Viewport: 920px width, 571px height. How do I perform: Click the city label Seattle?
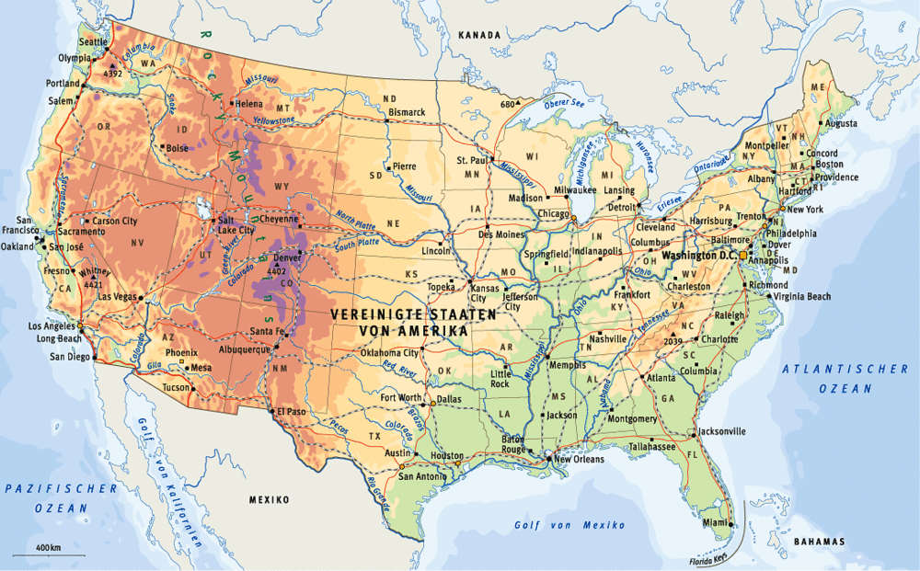(x=93, y=42)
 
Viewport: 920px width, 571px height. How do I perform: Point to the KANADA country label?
(x=479, y=35)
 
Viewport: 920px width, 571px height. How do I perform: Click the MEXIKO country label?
(x=269, y=499)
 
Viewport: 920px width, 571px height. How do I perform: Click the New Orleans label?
(x=578, y=459)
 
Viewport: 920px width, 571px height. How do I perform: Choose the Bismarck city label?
(x=407, y=112)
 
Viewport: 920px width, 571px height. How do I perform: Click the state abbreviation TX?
(x=374, y=435)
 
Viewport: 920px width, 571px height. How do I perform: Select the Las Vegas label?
(x=117, y=297)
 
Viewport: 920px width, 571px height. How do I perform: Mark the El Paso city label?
(x=290, y=411)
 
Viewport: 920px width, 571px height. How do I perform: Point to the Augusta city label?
(x=840, y=123)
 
